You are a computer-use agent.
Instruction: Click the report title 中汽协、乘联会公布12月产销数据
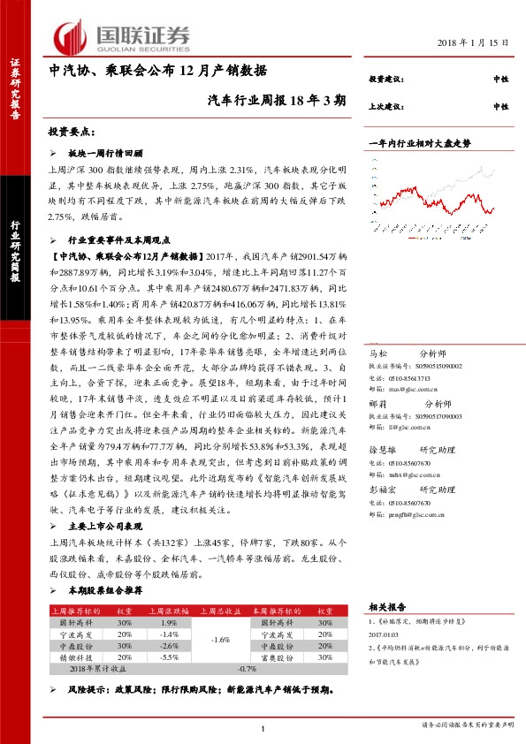click(157, 71)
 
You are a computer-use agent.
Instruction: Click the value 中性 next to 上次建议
click(500, 106)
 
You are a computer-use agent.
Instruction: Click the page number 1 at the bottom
click(263, 728)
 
